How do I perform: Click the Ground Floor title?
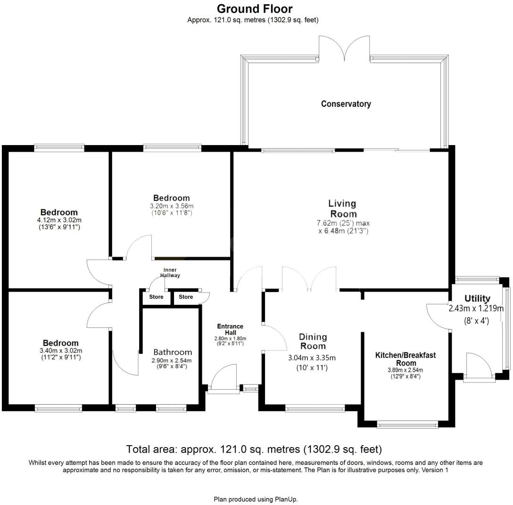pyautogui.click(x=254, y=8)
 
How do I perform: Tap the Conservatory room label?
pyautogui.click(x=346, y=104)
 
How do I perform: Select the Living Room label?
pyautogui.click(x=342, y=209)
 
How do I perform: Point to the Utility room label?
pyautogui.click(x=477, y=299)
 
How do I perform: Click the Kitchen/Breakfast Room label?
pyautogui.click(x=405, y=359)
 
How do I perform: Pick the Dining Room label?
pyautogui.click(x=313, y=341)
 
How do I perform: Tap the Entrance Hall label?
pyautogui.click(x=230, y=329)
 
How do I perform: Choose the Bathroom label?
pyautogui.click(x=173, y=352)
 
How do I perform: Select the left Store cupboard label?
pyautogui.click(x=156, y=297)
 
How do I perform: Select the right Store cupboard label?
pyautogui.click(x=186, y=297)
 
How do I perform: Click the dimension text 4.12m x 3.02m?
pyautogui.click(x=59, y=220)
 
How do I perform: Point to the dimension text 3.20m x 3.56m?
pyautogui.click(x=171, y=206)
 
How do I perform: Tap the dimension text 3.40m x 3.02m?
pyautogui.click(x=60, y=350)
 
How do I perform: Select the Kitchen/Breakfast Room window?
pyautogui.click(x=408, y=425)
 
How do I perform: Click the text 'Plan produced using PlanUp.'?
pyautogui.click(x=256, y=499)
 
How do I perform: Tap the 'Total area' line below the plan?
pyautogui.click(x=254, y=449)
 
